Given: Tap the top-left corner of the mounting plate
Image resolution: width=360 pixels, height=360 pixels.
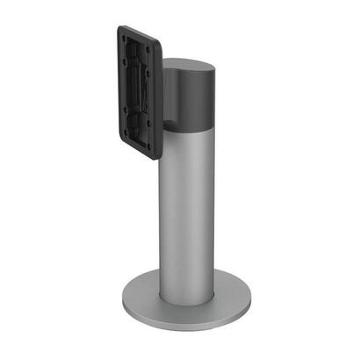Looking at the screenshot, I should (119, 25).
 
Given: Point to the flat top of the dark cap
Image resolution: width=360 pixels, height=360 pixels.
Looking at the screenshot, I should (188, 67).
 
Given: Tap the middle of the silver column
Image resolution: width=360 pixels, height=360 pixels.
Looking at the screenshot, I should (187, 211).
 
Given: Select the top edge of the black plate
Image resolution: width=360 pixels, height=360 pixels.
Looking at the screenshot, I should (140, 35).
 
